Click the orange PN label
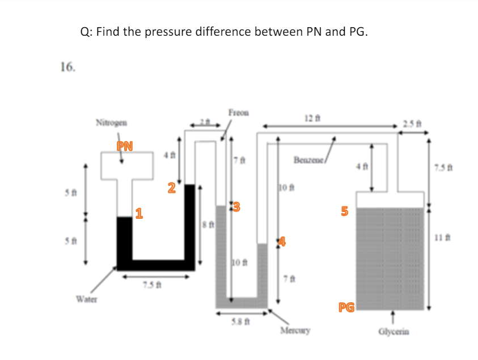click(x=125, y=146)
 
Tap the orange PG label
click(x=346, y=308)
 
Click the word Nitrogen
click(x=111, y=122)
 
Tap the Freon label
click(x=238, y=112)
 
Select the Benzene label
click(x=310, y=160)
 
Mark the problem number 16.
click(x=67, y=67)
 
